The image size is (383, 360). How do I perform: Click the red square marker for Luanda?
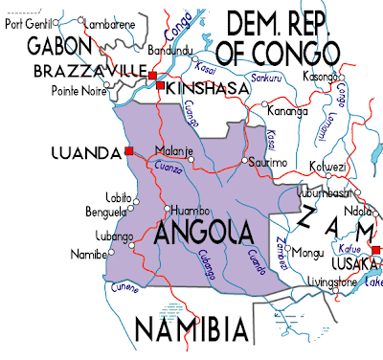[128, 150]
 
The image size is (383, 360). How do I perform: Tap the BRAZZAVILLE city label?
[87, 72]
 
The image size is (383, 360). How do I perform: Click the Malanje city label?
[175, 150]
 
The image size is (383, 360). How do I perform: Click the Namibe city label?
[89, 255]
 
